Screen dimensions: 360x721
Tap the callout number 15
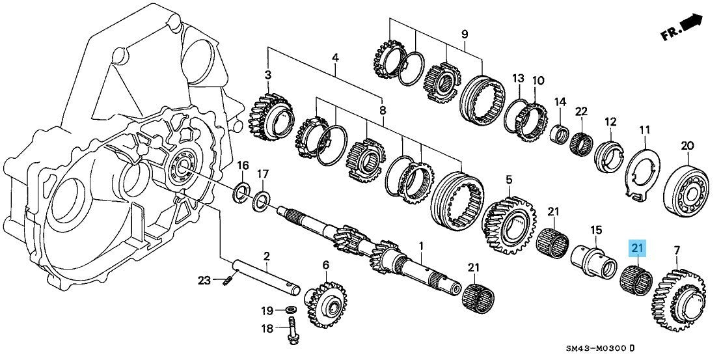click(x=595, y=230)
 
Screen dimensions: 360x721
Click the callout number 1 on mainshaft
click(x=421, y=246)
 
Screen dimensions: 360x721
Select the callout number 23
click(x=204, y=281)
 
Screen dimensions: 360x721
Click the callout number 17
click(x=262, y=174)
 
